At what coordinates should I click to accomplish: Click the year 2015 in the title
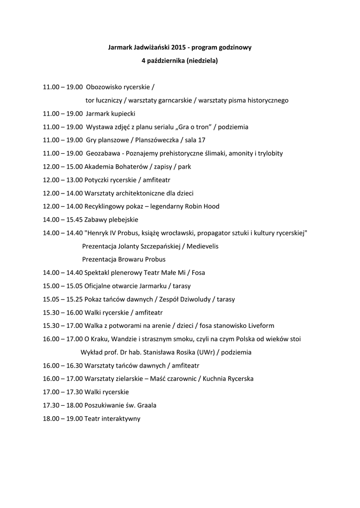click(178, 48)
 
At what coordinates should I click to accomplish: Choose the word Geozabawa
click(102, 153)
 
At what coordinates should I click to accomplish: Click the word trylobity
click(268, 153)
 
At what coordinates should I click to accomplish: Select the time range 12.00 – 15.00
click(63, 167)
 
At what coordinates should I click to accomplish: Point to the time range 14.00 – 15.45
click(63, 220)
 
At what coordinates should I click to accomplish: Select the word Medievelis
click(201, 246)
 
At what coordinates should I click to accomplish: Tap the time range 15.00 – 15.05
click(63, 286)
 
